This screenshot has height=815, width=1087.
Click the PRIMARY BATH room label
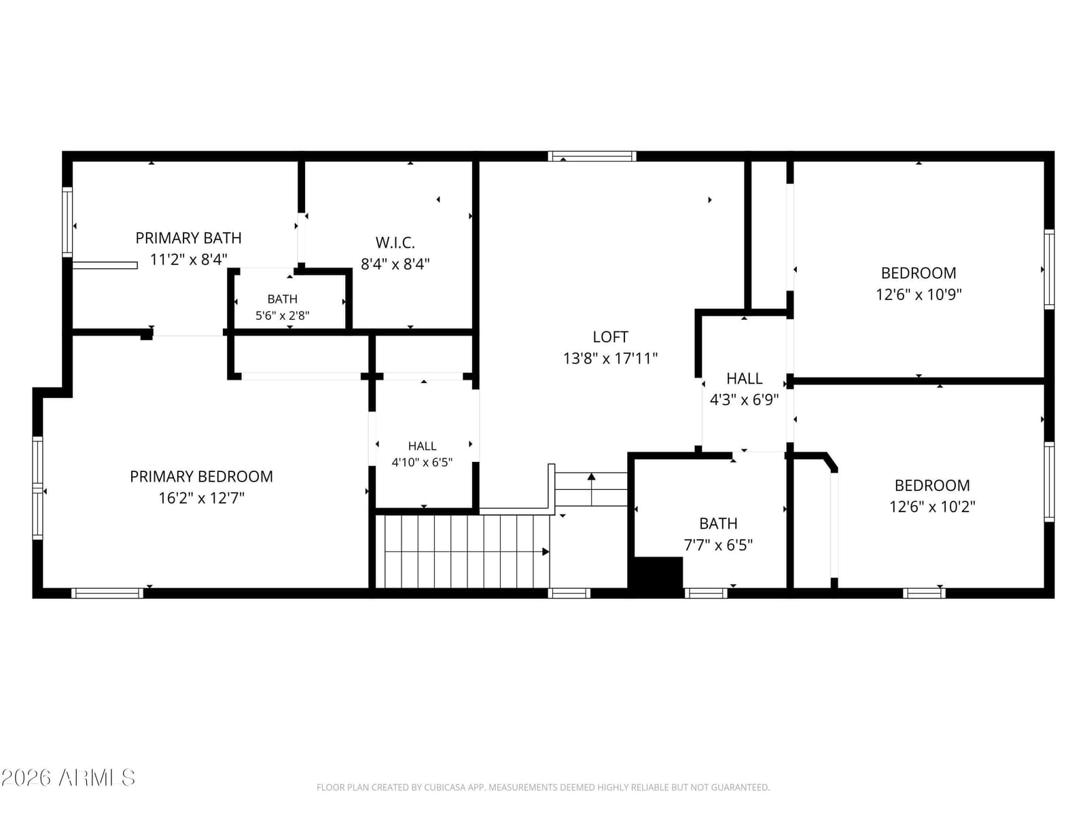(188, 238)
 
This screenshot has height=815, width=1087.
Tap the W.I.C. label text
(395, 242)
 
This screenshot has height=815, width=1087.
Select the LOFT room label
(610, 337)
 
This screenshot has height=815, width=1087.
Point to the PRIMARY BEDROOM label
(201, 477)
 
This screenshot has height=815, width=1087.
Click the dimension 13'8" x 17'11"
(610, 359)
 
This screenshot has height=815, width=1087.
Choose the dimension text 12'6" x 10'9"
(919, 295)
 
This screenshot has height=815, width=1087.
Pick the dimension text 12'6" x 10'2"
(932, 507)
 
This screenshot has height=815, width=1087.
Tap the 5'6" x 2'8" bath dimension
(282, 315)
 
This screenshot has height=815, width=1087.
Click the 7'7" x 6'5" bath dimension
(718, 545)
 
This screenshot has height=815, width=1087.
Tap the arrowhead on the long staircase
(546, 551)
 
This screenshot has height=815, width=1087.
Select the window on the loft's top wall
(592, 156)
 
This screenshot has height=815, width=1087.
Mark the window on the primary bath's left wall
(67, 222)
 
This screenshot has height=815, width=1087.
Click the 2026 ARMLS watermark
(68, 778)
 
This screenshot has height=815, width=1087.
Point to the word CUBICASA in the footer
(444, 787)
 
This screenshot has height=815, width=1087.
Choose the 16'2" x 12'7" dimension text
(201, 498)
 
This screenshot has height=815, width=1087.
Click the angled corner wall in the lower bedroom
(830, 463)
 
